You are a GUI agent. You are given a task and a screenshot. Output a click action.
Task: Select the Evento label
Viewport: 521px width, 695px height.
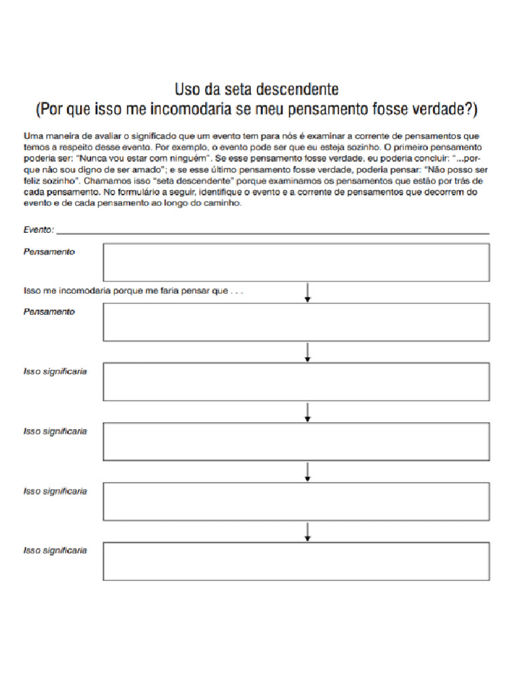(38, 230)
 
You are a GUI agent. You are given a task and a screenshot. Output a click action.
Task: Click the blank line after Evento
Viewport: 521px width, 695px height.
(271, 232)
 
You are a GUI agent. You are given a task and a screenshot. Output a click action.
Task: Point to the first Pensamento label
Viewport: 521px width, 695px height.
(49, 252)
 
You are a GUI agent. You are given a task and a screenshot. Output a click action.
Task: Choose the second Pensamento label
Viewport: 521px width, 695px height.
(49, 312)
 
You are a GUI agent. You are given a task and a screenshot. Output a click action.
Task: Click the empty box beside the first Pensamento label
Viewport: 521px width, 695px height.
(296, 262)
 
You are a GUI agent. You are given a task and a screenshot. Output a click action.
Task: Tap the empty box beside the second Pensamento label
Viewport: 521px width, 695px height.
(296, 322)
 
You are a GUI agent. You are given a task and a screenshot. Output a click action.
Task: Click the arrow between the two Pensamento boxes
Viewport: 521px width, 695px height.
(308, 292)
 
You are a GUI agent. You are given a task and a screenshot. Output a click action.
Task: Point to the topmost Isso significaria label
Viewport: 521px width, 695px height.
(55, 371)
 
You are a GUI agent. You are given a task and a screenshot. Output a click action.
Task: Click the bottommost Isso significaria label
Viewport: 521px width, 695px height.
(55, 550)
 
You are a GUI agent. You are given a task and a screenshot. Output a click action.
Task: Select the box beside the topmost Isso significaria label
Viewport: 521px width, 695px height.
(296, 381)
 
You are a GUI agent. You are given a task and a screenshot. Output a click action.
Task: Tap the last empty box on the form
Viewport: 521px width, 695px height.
(296, 561)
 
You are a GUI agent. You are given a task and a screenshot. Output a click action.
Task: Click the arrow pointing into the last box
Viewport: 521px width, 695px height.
(308, 531)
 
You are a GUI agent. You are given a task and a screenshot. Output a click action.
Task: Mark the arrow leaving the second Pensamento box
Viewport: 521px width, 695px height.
(308, 352)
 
